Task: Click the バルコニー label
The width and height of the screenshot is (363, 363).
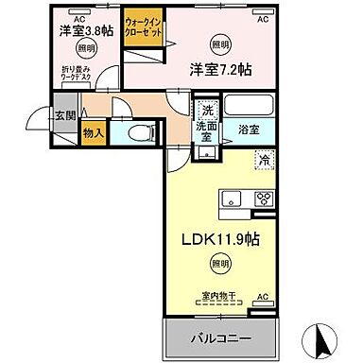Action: [225, 337]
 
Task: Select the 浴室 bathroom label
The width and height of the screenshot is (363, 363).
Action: [251, 126]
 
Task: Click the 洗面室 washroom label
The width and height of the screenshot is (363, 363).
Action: [207, 127]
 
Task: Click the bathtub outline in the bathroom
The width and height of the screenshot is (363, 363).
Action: [251, 104]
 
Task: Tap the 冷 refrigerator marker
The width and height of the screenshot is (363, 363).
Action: [262, 160]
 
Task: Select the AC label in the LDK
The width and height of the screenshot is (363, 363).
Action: [264, 297]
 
